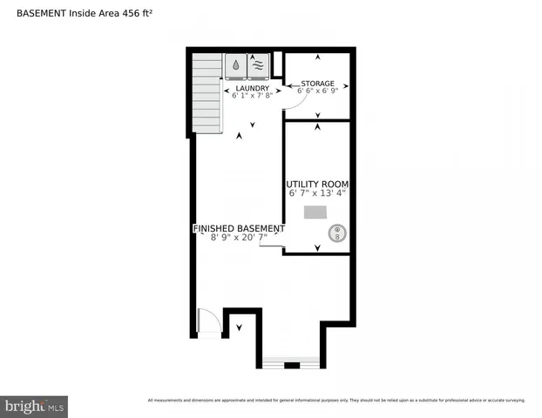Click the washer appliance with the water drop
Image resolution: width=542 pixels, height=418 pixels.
point(237,66)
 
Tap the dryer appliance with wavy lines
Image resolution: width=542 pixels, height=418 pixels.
point(259,66)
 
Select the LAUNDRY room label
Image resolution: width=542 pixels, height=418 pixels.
point(252,88)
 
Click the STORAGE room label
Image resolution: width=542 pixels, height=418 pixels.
point(317,83)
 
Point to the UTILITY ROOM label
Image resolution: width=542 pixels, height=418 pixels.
point(317,185)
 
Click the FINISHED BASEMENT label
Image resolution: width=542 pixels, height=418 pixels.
point(238,228)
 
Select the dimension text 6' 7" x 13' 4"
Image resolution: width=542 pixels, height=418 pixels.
point(317,193)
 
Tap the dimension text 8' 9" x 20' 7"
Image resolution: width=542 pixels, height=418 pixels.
point(238,237)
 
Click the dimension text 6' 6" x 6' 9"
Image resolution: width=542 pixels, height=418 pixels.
point(317,91)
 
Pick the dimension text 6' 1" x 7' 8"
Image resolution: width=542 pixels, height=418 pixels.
point(252,96)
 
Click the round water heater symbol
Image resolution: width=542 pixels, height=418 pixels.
point(336,233)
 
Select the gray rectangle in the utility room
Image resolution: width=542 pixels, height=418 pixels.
point(314,212)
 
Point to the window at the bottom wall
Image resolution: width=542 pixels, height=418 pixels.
point(291,361)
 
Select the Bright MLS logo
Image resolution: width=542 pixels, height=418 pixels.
point(34,406)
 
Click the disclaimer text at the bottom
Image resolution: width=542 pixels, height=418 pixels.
point(336,401)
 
